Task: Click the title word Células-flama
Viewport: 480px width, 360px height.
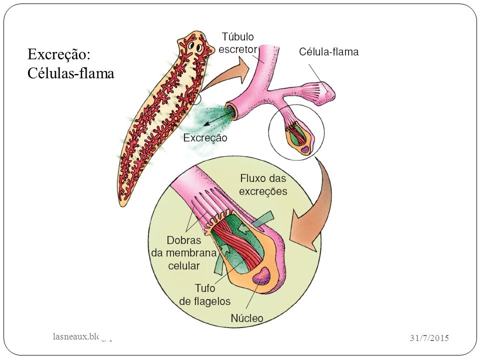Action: (70, 73)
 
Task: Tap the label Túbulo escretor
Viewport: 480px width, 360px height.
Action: (237, 43)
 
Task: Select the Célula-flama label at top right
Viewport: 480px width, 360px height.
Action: (328, 51)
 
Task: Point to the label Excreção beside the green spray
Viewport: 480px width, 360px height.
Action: (205, 138)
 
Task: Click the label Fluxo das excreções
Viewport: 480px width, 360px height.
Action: (263, 184)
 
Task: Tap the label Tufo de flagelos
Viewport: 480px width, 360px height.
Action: (205, 295)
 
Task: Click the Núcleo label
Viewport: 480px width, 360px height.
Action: (246, 317)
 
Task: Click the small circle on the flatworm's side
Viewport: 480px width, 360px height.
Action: (195, 99)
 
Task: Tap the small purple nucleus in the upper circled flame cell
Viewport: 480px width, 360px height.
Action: (304, 148)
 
